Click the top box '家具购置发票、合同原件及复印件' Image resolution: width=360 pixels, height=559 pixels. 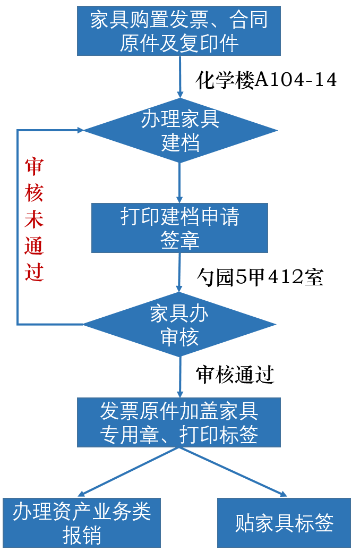pos(178,31)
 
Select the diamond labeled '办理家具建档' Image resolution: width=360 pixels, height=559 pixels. pos(180,130)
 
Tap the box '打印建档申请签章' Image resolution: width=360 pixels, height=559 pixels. pos(179,228)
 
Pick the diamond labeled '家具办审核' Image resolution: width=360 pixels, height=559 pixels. pos(179,324)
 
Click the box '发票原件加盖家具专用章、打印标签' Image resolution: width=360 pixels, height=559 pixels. pos(178,422)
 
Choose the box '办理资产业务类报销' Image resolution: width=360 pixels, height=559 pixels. pos(82,523)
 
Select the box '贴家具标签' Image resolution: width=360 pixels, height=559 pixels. pos(284,523)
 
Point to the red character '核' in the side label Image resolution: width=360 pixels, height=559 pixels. pos(34,194)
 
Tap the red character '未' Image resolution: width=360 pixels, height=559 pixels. pos(34,221)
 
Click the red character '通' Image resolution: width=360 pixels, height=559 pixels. pos(34,247)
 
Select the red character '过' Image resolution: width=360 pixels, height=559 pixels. pos(34,272)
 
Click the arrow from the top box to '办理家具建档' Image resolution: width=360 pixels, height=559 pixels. pos(180,77)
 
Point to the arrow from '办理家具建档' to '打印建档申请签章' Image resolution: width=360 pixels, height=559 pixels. pos(179,183)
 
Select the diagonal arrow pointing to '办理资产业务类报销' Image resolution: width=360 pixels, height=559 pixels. pos(127,472)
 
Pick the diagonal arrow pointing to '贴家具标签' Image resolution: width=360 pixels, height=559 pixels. pos(233,472)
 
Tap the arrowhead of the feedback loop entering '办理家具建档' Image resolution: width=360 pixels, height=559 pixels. pos(80,130)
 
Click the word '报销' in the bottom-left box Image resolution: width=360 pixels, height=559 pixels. pos(82,536)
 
